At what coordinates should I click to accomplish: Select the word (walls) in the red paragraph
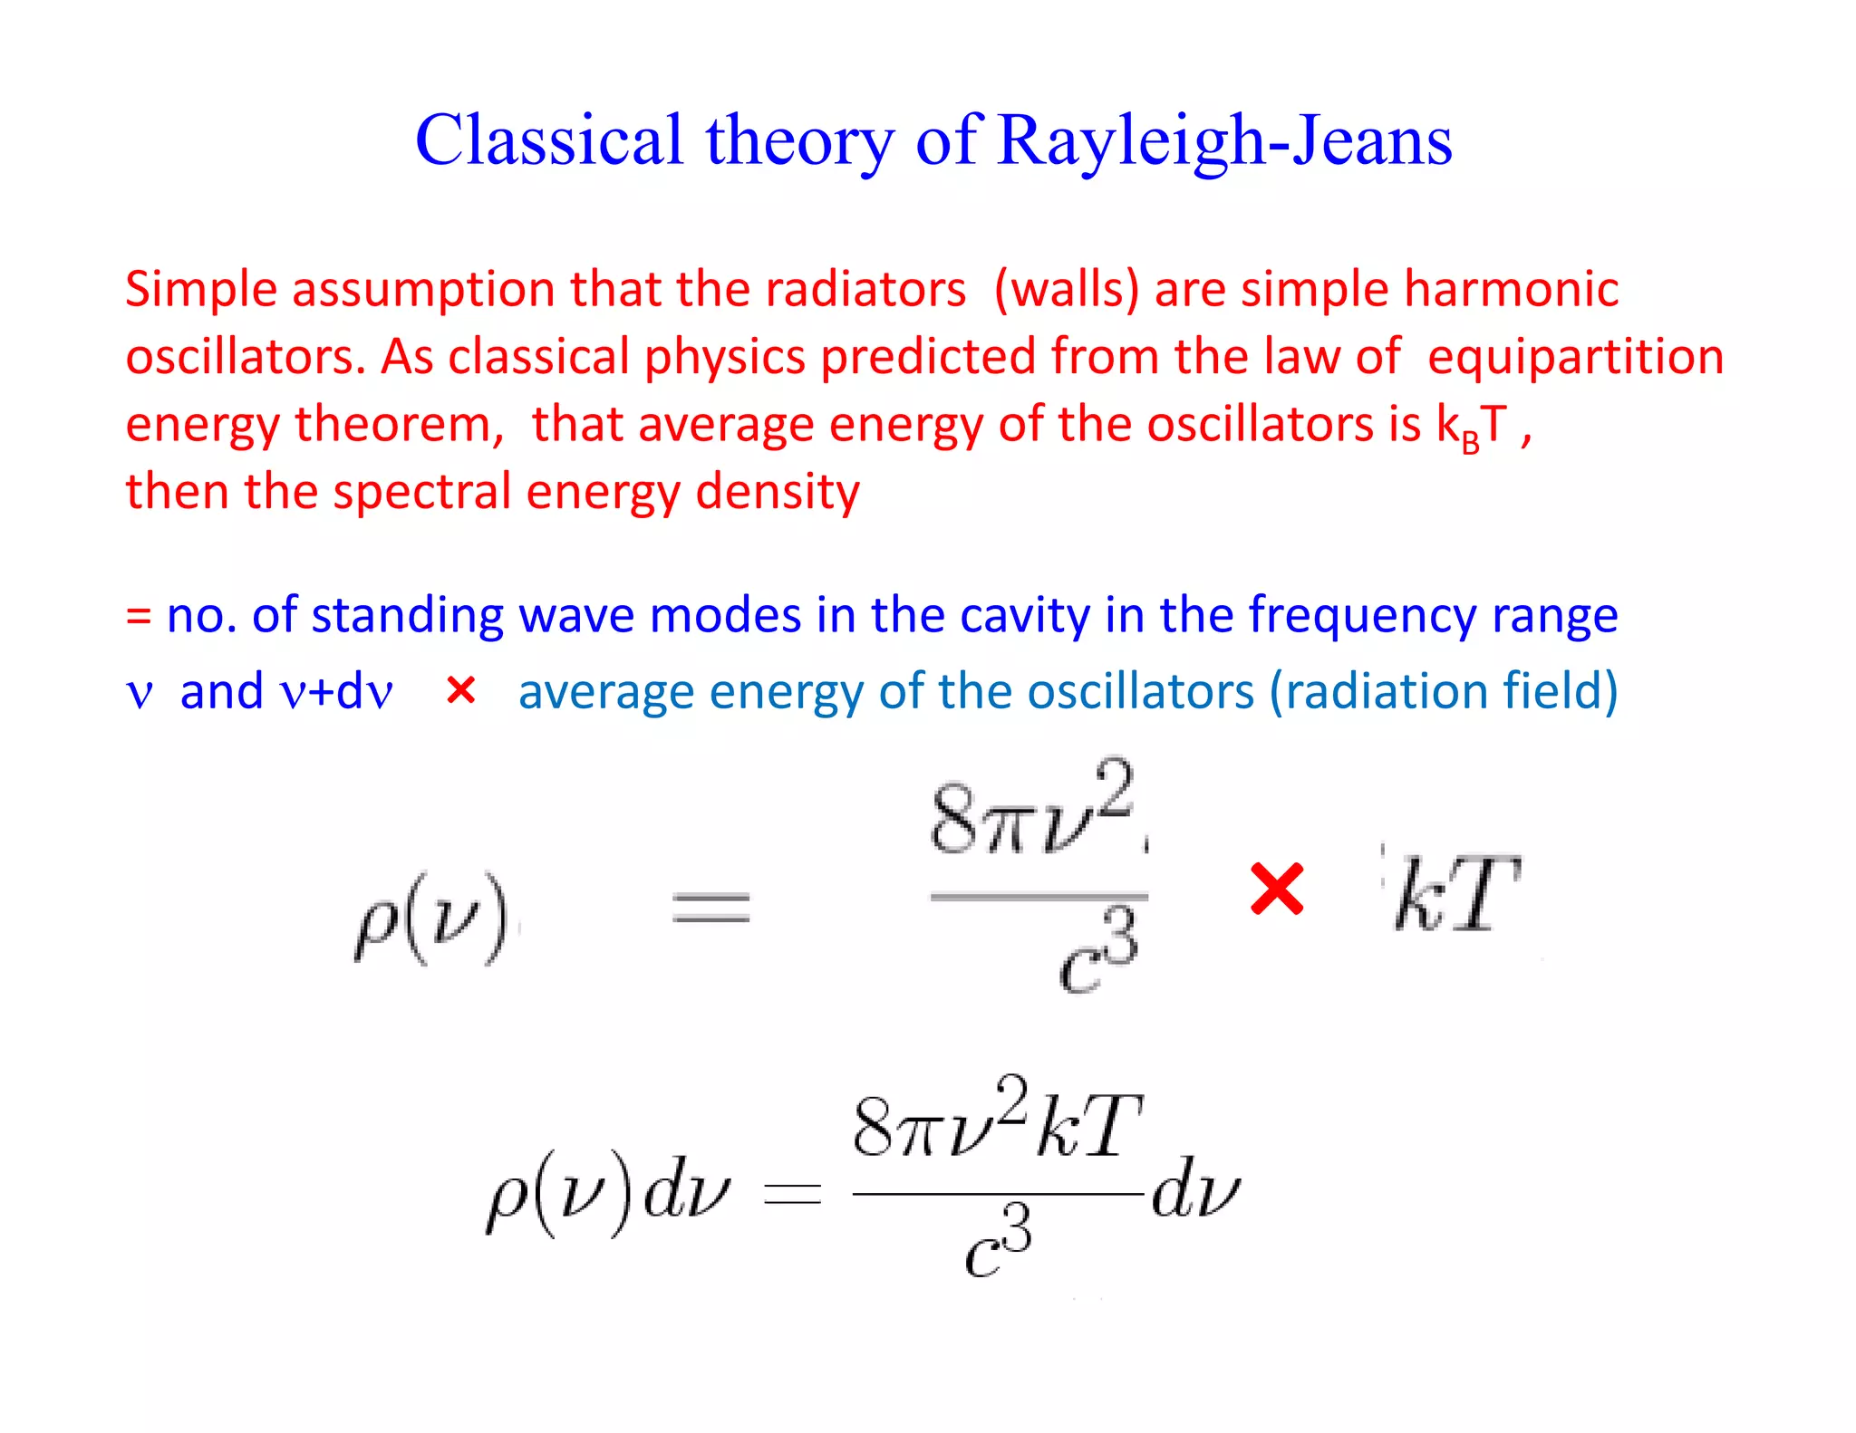pos(1066,290)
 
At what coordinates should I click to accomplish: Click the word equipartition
pos(1575,357)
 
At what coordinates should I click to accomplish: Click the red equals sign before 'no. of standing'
pos(138,617)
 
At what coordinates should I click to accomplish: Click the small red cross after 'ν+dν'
pos(461,691)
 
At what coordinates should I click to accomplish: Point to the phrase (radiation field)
pos(1444,691)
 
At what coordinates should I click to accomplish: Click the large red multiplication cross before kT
pos(1276,889)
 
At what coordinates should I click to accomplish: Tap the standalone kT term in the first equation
pos(1455,895)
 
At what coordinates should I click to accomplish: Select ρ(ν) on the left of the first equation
pos(431,918)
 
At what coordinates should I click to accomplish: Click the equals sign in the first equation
pos(710,907)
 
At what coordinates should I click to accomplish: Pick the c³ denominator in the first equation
pos(1097,954)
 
